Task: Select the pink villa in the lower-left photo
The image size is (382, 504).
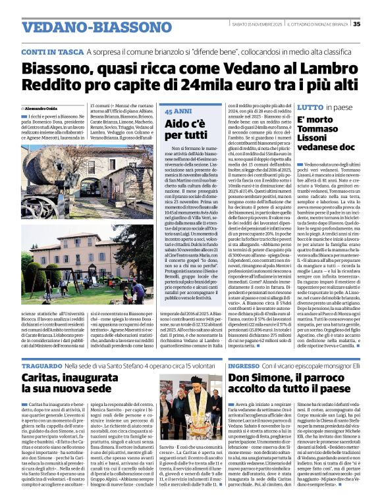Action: click(99, 253)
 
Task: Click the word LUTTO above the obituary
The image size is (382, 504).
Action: click(310, 107)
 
